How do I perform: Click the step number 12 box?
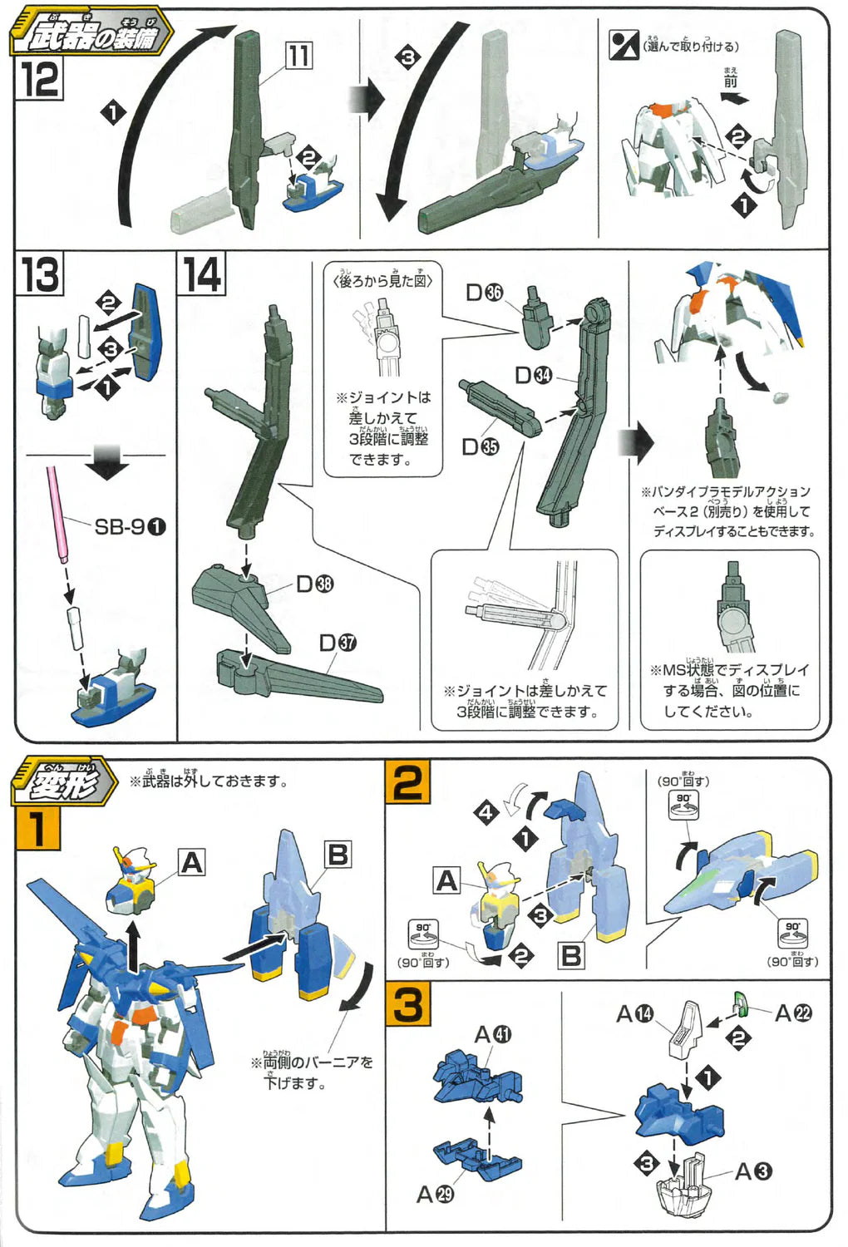point(39,80)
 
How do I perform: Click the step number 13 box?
point(39,274)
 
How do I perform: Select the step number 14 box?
point(202,274)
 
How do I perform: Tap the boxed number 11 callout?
point(298,56)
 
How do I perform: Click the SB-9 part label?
point(130,526)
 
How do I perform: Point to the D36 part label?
point(484,293)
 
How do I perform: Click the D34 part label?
point(533,375)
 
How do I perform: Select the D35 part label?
point(480,446)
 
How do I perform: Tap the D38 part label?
point(314,584)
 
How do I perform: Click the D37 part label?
point(338,643)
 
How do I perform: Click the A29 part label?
point(435,1194)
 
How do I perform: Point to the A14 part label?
point(634,1013)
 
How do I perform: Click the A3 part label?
point(753,1171)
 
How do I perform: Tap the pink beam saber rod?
point(56,511)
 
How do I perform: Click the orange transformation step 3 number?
point(408,1004)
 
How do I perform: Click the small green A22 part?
point(741,1003)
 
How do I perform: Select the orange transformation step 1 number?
point(37,828)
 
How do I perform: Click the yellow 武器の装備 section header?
point(91,35)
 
